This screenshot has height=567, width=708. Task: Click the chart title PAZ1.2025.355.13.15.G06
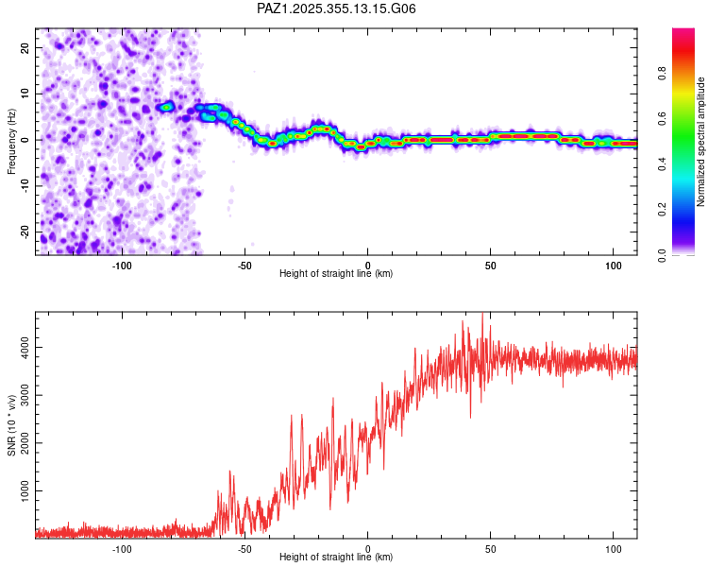(x=336, y=9)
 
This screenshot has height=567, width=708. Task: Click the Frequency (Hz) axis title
(x=11, y=142)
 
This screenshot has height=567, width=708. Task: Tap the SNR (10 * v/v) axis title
(x=11, y=425)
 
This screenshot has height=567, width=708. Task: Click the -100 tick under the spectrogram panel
(x=122, y=265)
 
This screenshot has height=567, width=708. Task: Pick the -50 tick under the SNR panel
(x=244, y=548)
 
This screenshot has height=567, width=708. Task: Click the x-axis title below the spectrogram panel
(x=336, y=274)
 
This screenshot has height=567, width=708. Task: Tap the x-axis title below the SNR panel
(x=336, y=558)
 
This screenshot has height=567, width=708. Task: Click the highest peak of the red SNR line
(x=482, y=315)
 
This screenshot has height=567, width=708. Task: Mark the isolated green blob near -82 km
(x=167, y=107)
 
